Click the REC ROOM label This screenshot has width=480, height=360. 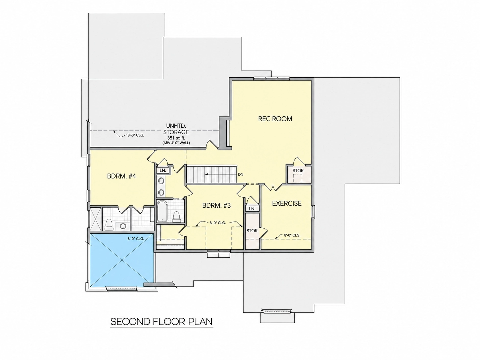[x=275, y=119]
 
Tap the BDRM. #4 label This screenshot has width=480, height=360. [x=121, y=176]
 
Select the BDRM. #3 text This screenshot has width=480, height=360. [x=216, y=206]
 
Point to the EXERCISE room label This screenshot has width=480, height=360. [x=287, y=203]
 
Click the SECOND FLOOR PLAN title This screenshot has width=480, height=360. [x=161, y=322]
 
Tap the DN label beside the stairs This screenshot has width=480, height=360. [x=241, y=175]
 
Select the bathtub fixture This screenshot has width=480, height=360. [x=162, y=211]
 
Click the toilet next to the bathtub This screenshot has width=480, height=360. [x=176, y=217]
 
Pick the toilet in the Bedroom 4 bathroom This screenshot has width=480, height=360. [x=109, y=225]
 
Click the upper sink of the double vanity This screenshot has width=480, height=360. [x=161, y=181]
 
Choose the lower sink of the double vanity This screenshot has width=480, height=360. [x=161, y=192]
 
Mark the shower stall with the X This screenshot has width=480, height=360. [x=95, y=219]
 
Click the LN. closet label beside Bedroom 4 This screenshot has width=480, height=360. [x=163, y=170]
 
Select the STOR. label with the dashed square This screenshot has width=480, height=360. [x=298, y=171]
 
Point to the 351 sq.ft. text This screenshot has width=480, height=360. [x=176, y=138]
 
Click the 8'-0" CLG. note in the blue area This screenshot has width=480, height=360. [x=136, y=239]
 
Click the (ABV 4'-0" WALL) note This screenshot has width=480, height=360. [x=176, y=143]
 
